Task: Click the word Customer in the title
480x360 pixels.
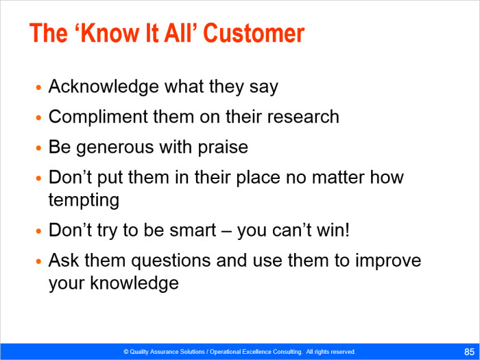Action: tap(254, 33)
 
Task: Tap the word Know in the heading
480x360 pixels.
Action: tap(110, 33)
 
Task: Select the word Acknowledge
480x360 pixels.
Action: tap(104, 87)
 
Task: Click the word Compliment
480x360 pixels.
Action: tap(98, 117)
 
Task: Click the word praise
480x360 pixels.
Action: tap(223, 148)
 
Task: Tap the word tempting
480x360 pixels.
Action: tap(84, 200)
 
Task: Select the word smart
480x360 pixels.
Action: tap(193, 230)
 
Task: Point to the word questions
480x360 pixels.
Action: tap(171, 261)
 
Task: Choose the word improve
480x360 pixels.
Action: tap(388, 261)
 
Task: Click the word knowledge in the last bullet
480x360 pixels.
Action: tap(134, 283)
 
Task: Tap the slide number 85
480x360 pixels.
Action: tap(469, 351)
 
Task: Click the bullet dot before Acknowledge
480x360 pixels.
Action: tap(38, 88)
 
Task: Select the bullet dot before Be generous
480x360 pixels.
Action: tap(38, 148)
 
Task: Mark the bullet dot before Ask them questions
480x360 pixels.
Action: tap(38, 261)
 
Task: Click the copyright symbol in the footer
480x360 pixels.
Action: tap(125, 352)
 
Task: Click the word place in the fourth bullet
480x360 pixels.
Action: tap(258, 178)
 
